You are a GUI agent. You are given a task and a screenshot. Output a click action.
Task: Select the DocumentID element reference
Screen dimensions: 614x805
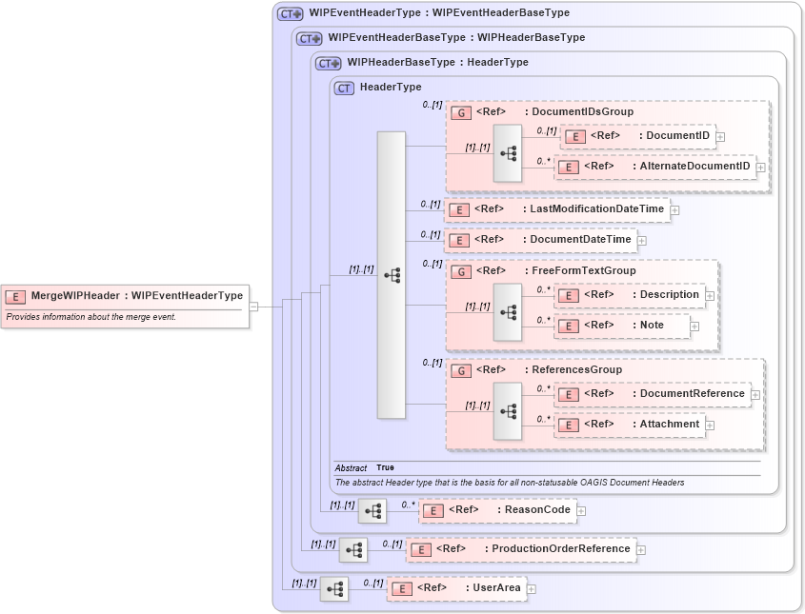(637, 136)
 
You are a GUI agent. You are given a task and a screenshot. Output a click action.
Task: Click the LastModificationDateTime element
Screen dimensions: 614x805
(557, 209)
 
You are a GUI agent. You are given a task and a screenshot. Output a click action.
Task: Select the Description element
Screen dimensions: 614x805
(630, 295)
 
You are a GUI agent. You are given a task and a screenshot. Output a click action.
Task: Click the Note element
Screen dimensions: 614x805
(621, 326)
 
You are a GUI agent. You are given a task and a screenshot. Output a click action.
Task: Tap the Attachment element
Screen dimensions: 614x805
(630, 425)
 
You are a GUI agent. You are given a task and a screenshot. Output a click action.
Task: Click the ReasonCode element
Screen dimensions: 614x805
(497, 510)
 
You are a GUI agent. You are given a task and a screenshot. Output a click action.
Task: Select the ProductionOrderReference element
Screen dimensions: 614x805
(521, 549)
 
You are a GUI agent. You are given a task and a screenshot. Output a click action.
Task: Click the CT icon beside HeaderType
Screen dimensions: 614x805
(345, 88)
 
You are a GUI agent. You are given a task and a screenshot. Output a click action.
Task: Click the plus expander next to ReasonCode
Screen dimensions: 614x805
(581, 511)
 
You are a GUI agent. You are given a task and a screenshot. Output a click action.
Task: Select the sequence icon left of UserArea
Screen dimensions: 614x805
(334, 589)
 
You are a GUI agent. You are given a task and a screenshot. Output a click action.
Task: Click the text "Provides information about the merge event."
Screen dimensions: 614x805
(91, 317)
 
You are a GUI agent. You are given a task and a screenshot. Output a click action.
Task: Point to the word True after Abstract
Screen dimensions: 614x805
(385, 468)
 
